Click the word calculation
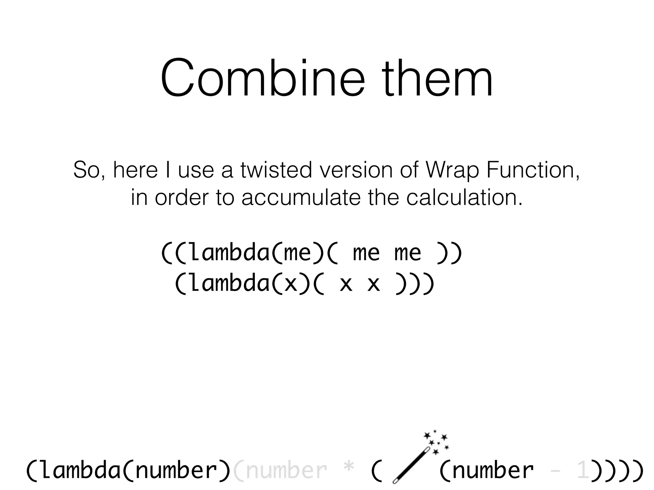[465, 197]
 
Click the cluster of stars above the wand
[436, 442]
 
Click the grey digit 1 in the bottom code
[583, 471]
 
